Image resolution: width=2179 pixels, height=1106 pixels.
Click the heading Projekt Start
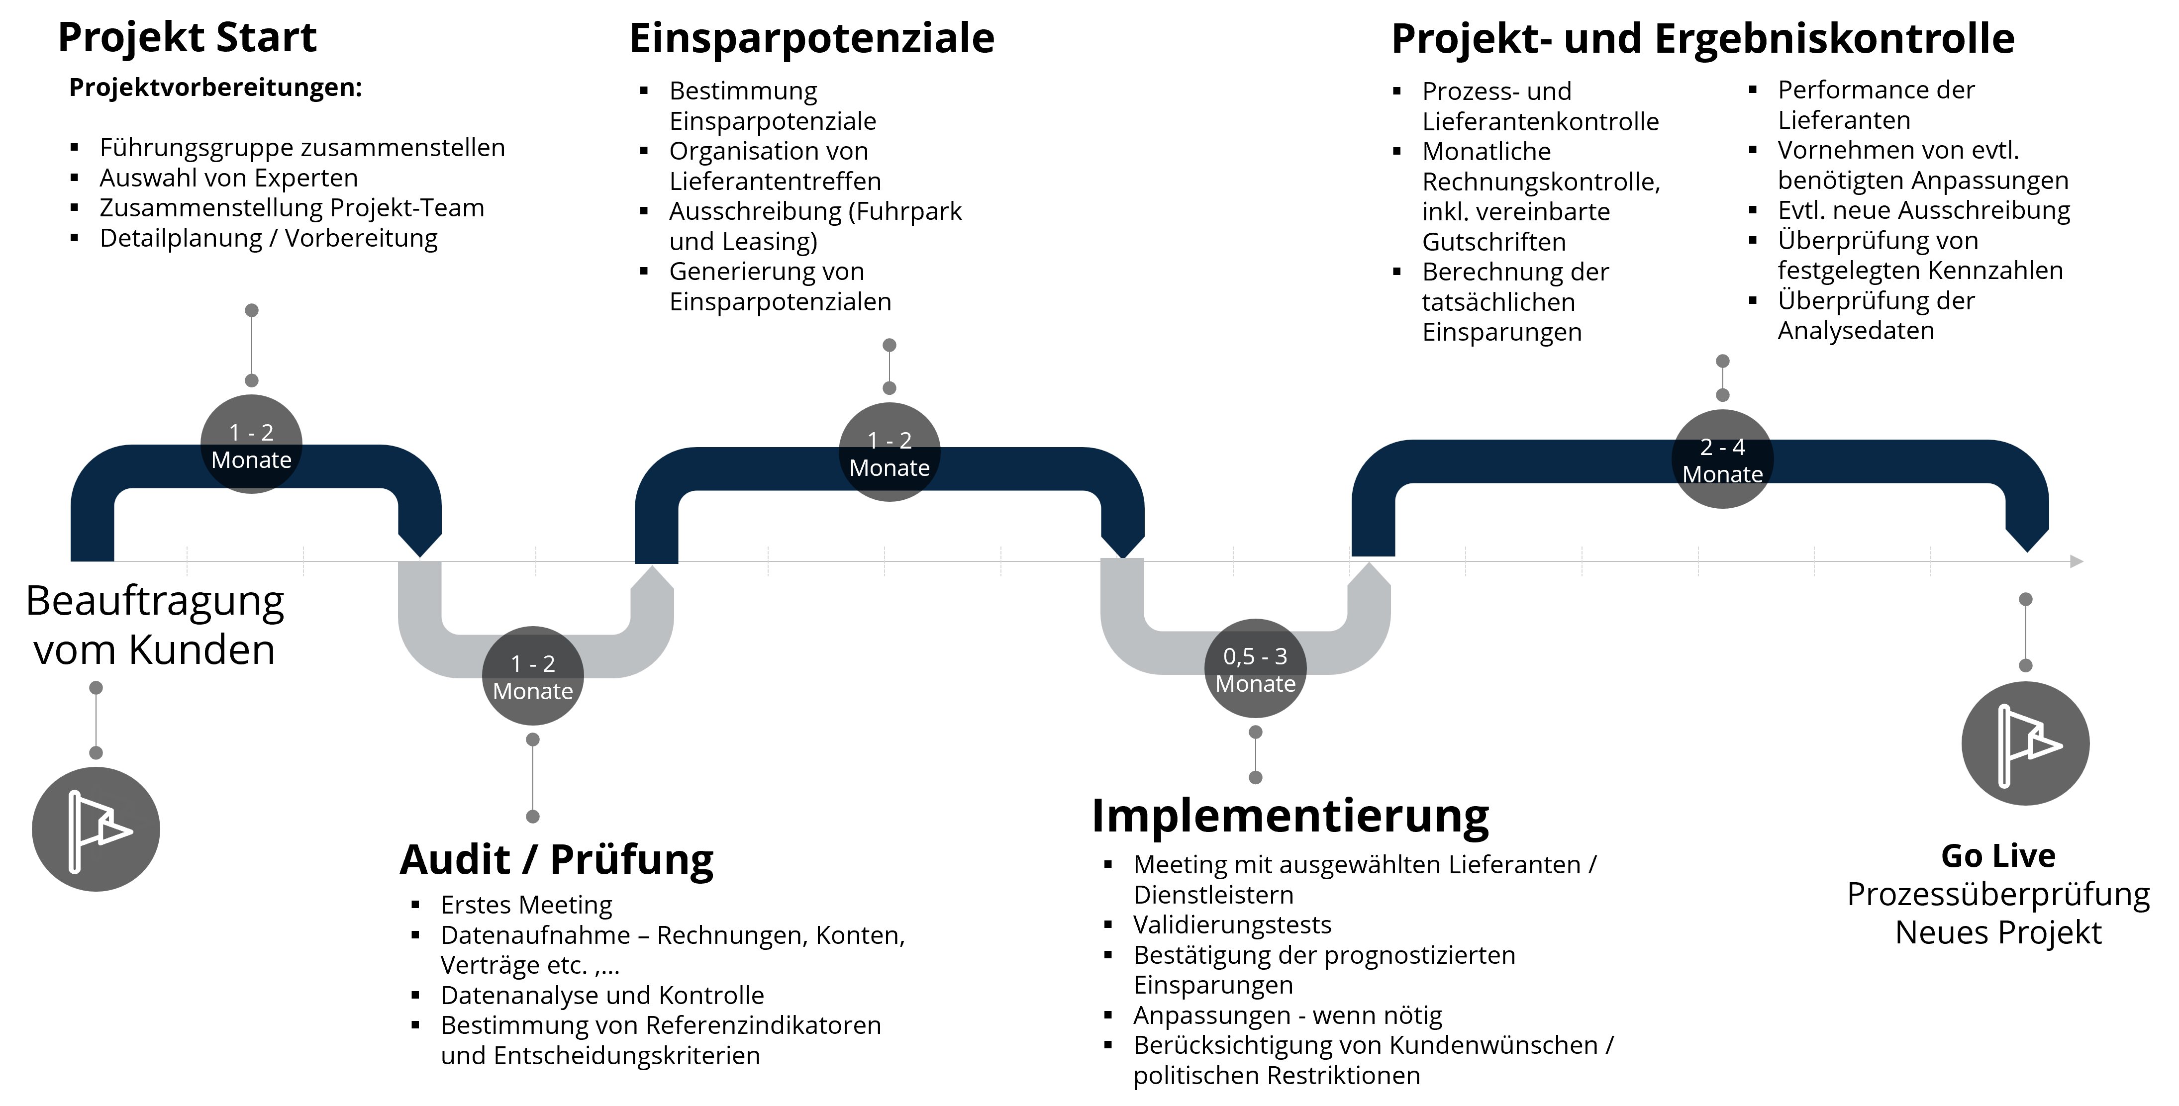tap(187, 38)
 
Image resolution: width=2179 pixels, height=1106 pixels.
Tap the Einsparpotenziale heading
tap(811, 39)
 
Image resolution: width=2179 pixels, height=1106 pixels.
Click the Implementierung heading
tap(1290, 817)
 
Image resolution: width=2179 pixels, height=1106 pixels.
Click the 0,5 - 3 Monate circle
tap(1255, 669)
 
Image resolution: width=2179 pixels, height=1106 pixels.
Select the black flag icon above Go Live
tap(2025, 744)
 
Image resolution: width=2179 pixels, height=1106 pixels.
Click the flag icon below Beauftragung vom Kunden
tap(96, 829)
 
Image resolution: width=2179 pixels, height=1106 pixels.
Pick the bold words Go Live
tap(1998, 856)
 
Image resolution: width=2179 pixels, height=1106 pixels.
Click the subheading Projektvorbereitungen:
tap(216, 88)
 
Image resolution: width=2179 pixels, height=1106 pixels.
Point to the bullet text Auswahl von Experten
tap(228, 179)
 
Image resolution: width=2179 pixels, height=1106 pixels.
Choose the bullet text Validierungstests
tap(1232, 925)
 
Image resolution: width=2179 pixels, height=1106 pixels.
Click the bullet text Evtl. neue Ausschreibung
tap(1924, 210)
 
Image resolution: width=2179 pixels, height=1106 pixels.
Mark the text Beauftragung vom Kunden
tap(155, 626)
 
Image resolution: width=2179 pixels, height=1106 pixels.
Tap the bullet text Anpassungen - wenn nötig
tap(1288, 1015)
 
